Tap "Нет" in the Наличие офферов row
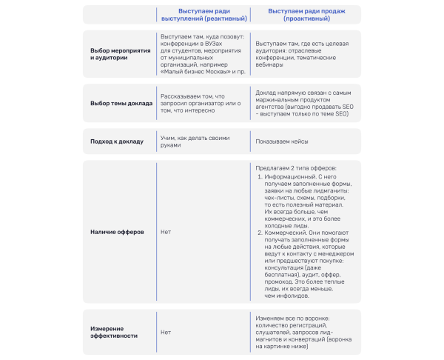166,232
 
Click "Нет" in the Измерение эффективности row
166,332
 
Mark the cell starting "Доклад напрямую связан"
303,104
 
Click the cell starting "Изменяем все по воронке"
303,332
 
